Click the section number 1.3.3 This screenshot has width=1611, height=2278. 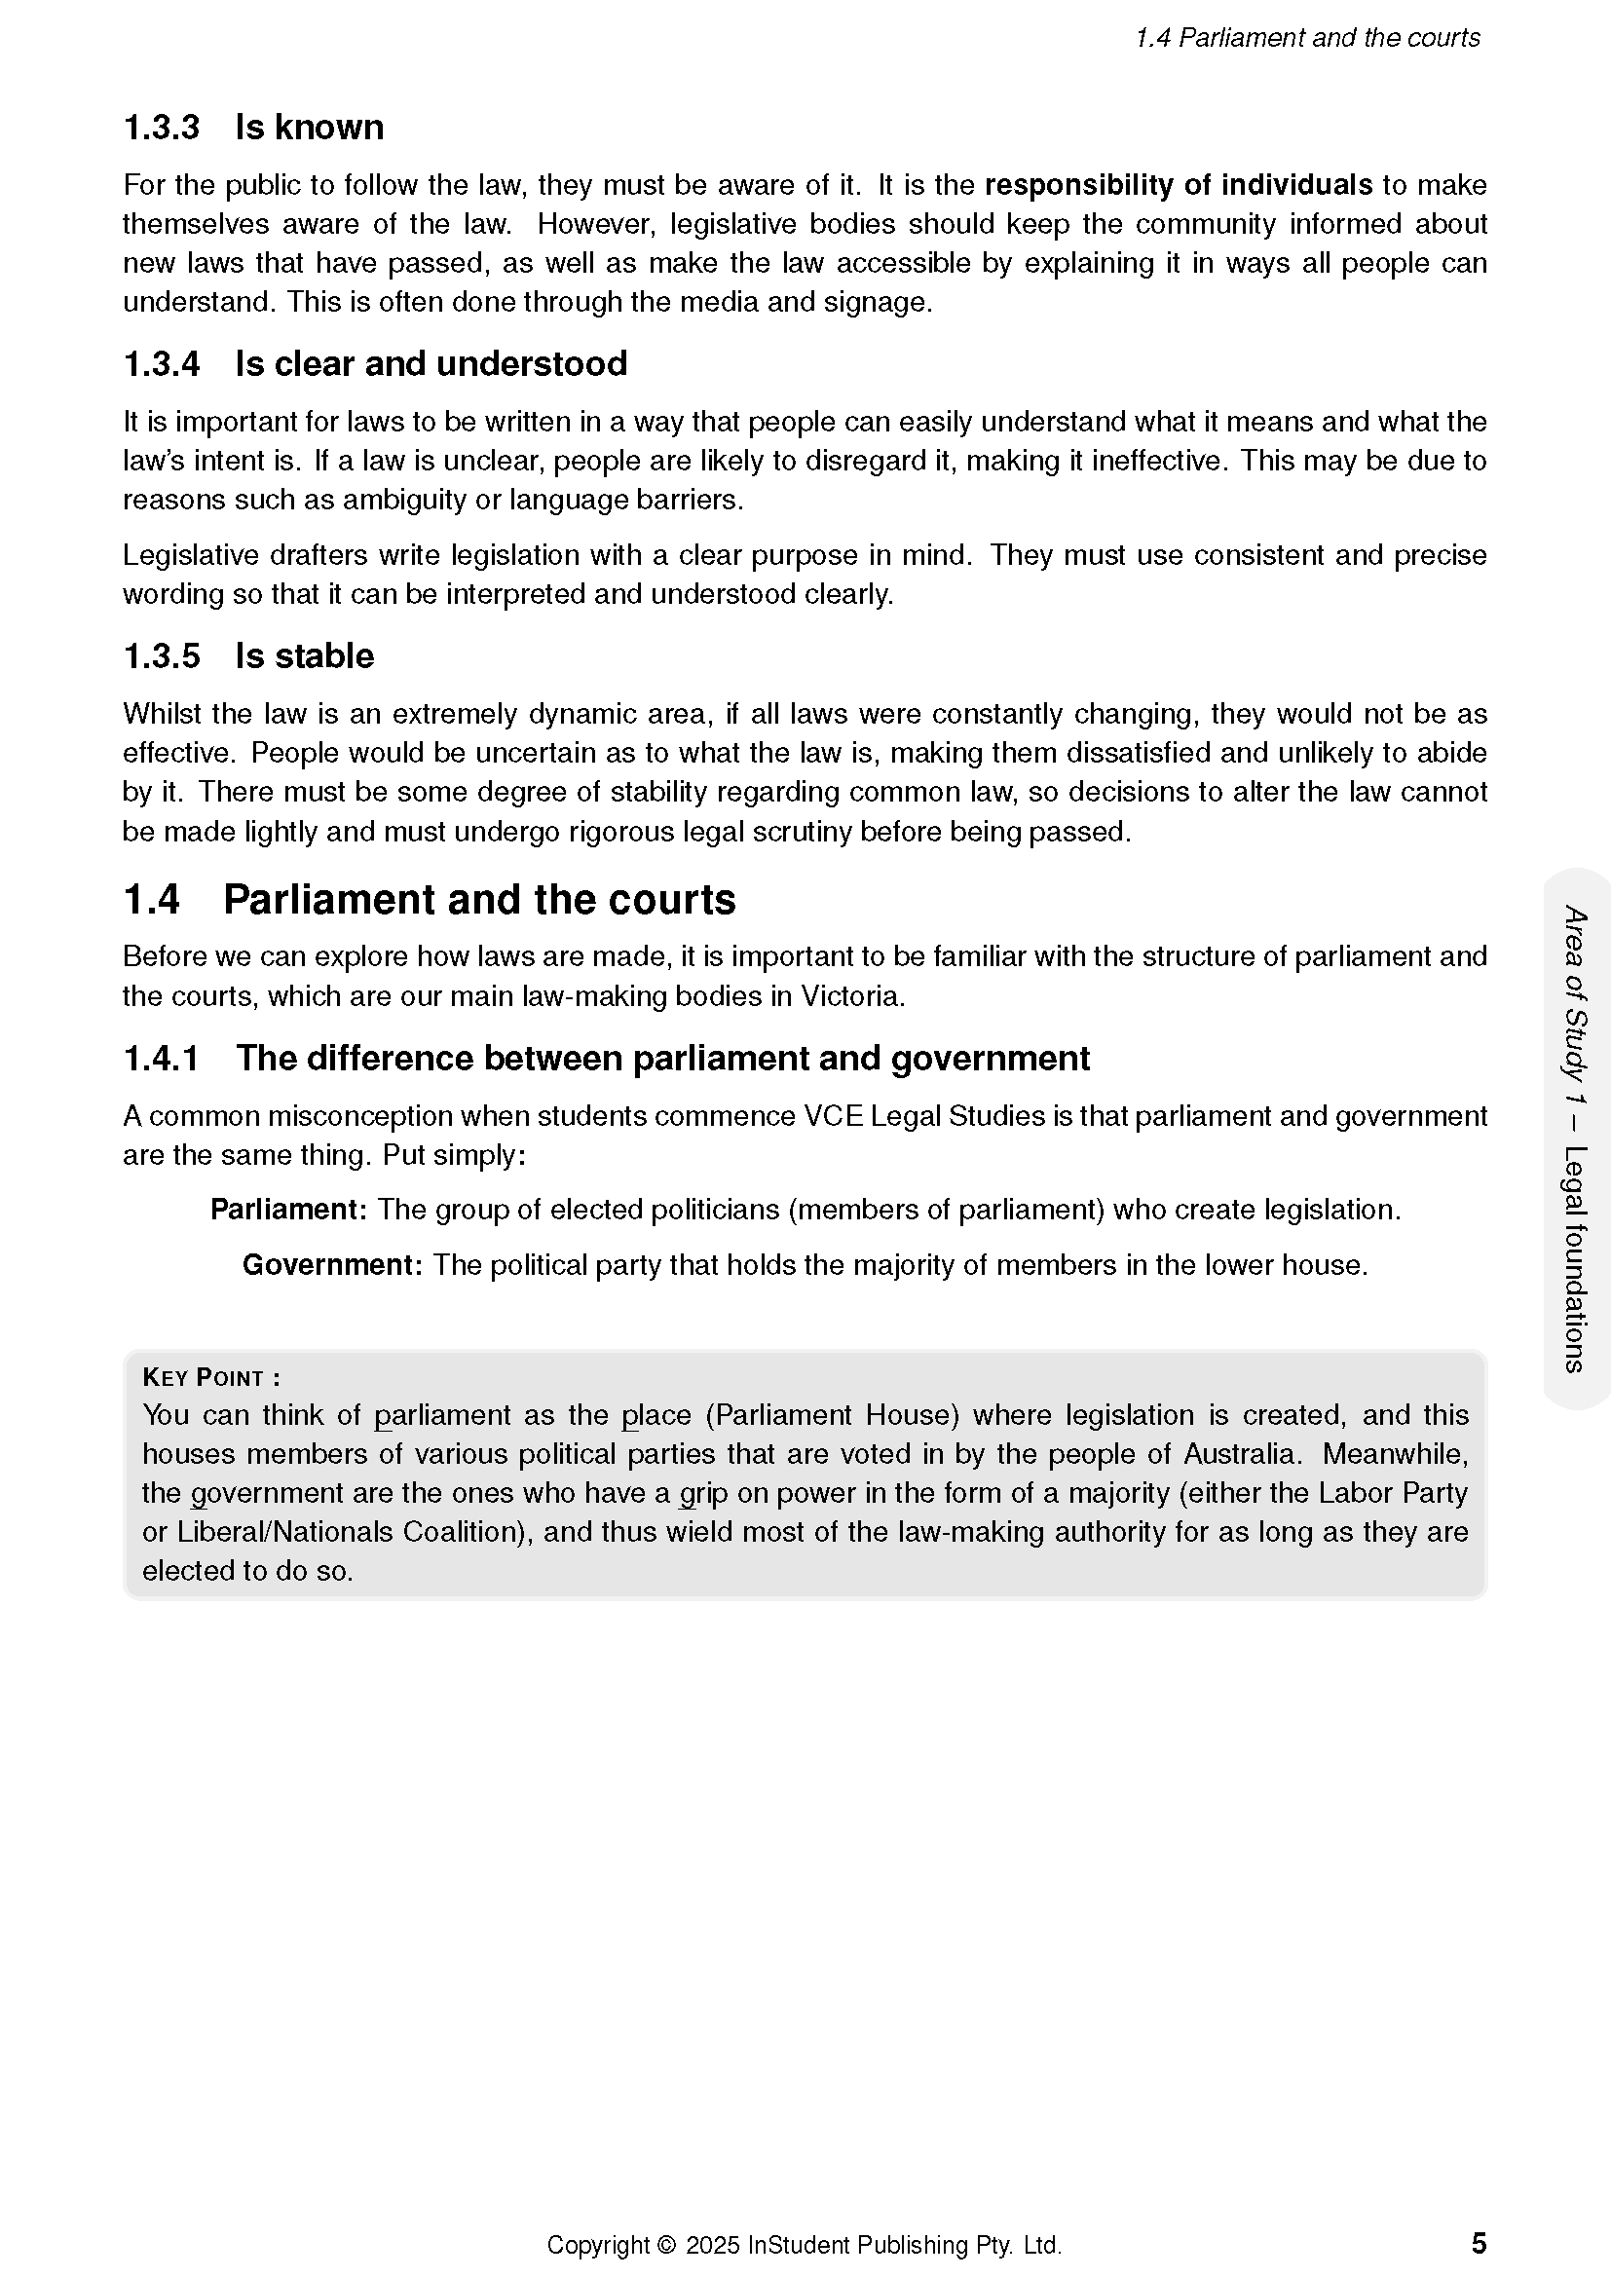tap(161, 128)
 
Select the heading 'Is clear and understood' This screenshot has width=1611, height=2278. tap(431, 364)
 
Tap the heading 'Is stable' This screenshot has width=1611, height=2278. tap(305, 655)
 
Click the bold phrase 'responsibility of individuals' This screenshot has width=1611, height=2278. tap(1178, 186)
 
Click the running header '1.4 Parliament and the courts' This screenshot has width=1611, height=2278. tap(1306, 39)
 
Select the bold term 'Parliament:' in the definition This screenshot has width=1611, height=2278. tap(288, 1210)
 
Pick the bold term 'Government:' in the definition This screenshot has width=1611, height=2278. tap(332, 1265)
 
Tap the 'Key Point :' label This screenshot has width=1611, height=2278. tap(211, 1377)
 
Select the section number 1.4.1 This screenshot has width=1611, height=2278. tap(161, 1059)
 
